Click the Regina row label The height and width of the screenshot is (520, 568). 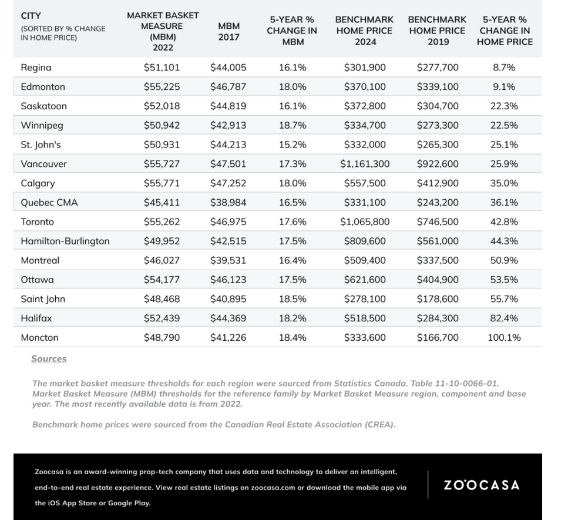point(36,68)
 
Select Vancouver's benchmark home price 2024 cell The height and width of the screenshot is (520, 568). point(365,164)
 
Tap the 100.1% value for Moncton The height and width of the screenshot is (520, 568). point(504,337)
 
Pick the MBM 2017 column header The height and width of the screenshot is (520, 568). point(229,32)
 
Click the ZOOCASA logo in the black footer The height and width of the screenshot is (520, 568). point(482,485)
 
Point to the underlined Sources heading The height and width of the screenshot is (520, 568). point(49,358)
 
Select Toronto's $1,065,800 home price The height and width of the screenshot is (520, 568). point(365,222)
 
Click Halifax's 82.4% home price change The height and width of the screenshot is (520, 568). point(504,318)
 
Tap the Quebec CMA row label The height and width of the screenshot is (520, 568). point(49,202)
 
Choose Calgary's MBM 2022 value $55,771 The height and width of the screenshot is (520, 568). point(162,183)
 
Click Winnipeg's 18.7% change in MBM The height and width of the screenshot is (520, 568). point(293,125)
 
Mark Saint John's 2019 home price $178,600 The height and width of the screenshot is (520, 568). point(438,299)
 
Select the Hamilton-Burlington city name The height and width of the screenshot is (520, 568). point(65,241)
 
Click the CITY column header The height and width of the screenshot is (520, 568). point(31,16)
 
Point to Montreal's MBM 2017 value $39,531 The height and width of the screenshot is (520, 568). point(228,260)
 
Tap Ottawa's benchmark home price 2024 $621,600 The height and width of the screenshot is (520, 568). point(365,280)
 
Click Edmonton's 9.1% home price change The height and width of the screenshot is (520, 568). point(504,86)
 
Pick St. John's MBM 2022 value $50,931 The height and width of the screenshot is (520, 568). point(162,145)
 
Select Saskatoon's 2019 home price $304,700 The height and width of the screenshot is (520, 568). point(438,106)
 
